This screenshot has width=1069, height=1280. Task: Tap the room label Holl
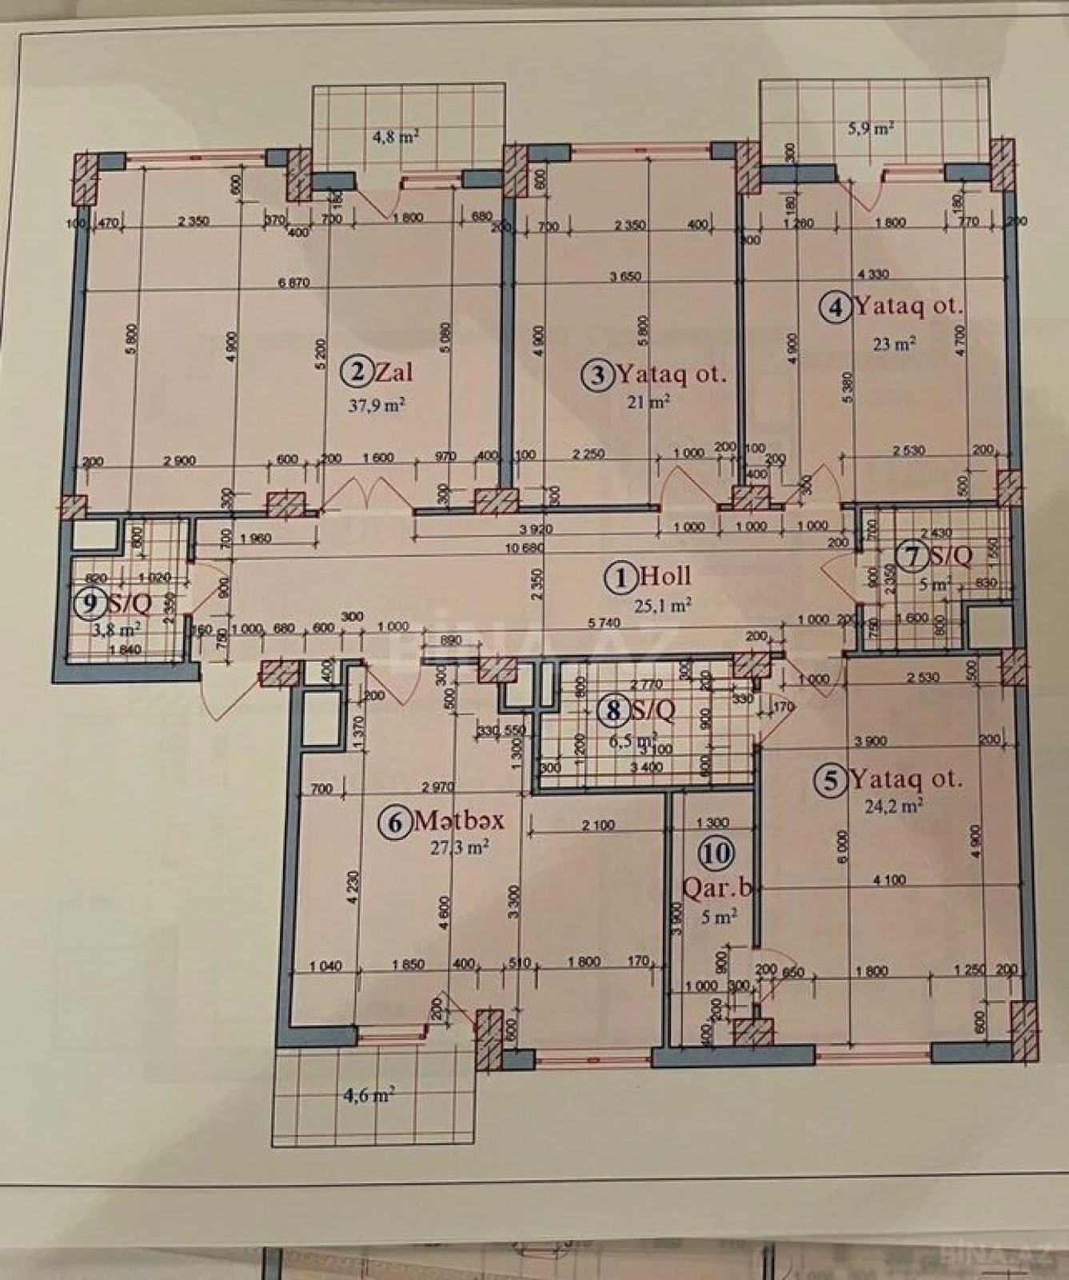[x=665, y=576]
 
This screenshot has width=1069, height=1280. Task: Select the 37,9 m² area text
[x=377, y=406]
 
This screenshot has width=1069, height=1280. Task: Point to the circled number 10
[x=716, y=854]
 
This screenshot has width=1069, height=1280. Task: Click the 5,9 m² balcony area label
[x=871, y=128]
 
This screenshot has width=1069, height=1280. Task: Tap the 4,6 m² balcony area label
[x=369, y=1095]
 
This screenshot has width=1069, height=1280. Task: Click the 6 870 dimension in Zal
[x=293, y=282]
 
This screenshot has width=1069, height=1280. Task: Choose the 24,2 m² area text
[x=893, y=806]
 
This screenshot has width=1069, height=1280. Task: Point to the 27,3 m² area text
[x=460, y=847]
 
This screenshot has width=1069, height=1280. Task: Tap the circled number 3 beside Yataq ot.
[x=599, y=374]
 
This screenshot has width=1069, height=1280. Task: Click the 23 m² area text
[x=893, y=344]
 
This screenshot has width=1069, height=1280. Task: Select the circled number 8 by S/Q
[x=614, y=709]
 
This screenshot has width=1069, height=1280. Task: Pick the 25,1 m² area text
[x=663, y=606]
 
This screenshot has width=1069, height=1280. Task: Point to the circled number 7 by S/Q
[x=912, y=556]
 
